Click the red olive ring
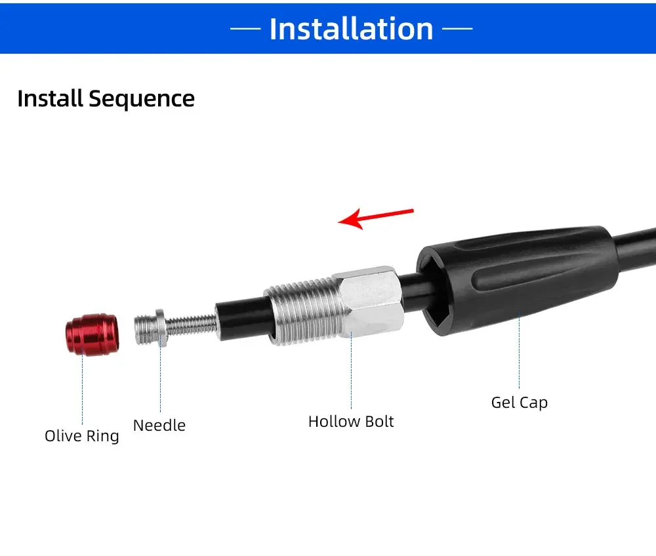tap(92, 334)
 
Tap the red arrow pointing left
tap(376, 218)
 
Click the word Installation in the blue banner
tap(352, 29)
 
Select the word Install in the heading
tap(51, 98)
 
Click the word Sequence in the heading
tap(142, 100)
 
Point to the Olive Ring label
tap(82, 436)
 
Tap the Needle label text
tap(159, 425)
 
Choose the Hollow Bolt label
tap(351, 422)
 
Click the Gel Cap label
tap(519, 403)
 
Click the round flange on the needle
tap(161, 328)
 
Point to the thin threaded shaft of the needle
tap(192, 325)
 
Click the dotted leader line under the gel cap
tap(519, 349)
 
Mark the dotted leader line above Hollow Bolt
tap(351, 370)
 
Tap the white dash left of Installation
tap(245, 29)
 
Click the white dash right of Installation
tap(457, 29)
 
